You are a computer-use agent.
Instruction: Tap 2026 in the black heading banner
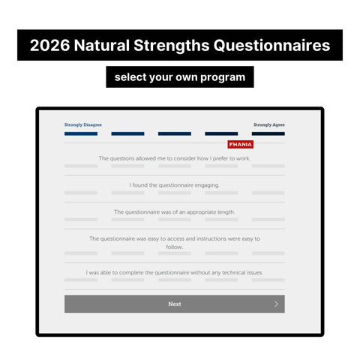(x=49, y=46)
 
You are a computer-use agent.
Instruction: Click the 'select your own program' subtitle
(x=180, y=76)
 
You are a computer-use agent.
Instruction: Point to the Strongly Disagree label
(x=83, y=124)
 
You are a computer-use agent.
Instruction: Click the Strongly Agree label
(x=268, y=124)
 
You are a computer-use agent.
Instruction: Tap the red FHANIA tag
(x=240, y=144)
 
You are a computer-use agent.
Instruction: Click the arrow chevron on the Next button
(x=276, y=304)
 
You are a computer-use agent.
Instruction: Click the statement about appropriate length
(x=174, y=211)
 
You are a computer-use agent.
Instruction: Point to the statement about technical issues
(x=174, y=272)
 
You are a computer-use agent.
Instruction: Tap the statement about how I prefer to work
(x=174, y=158)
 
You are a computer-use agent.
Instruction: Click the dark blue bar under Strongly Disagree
(x=81, y=133)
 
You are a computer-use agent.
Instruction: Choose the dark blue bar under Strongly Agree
(x=268, y=133)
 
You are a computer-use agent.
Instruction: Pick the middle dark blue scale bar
(x=174, y=133)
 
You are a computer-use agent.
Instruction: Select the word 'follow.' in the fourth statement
(x=174, y=247)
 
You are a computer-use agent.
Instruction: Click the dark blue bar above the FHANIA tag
(x=221, y=133)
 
